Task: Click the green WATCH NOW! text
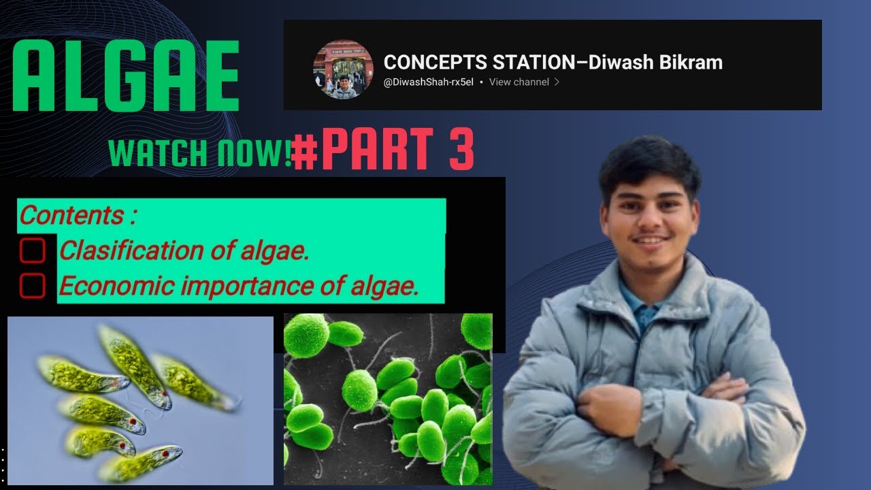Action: pos(200,152)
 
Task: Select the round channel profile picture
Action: pos(343,69)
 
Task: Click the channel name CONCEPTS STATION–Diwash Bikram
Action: pos(553,63)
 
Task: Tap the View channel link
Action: pos(519,82)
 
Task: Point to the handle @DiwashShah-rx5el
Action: pos(428,82)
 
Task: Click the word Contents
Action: pos(71,216)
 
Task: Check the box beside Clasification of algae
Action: pos(32,251)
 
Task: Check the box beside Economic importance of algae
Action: pos(32,287)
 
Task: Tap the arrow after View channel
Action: pos(557,82)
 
